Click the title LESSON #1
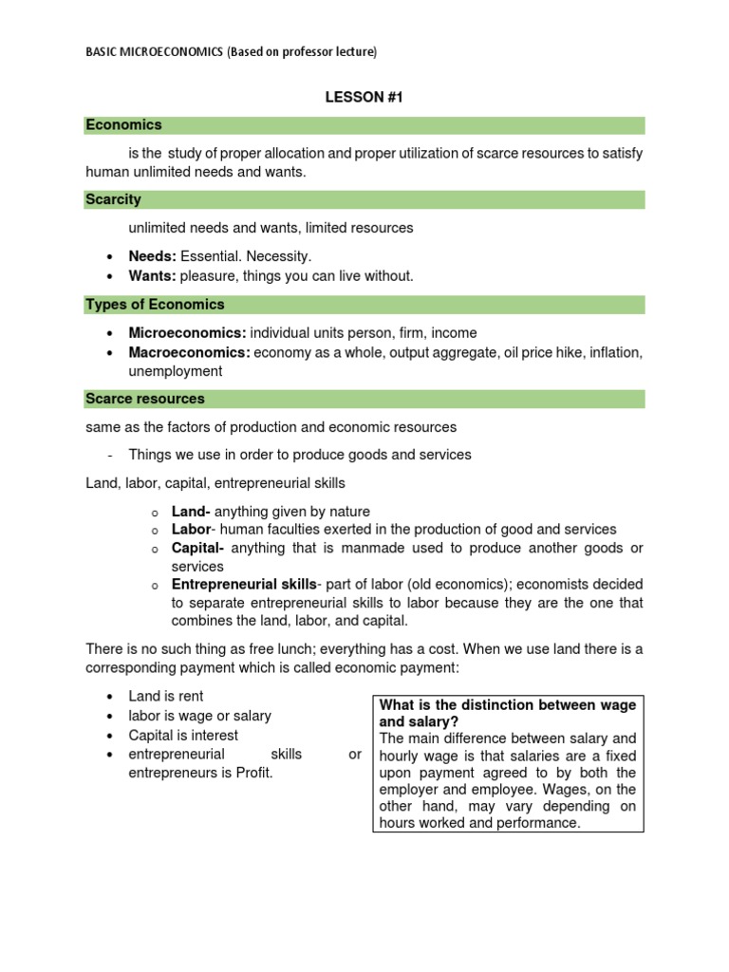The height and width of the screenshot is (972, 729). tap(364, 97)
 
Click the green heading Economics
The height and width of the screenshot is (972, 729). tap(123, 125)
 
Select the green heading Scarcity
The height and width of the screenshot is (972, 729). tap(113, 199)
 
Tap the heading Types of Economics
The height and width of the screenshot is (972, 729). tap(155, 305)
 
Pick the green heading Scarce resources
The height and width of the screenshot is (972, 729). tap(144, 399)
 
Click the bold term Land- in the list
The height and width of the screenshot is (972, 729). tap(191, 512)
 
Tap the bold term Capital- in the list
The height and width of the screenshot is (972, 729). tap(197, 549)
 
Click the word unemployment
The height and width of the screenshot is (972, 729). tap(176, 372)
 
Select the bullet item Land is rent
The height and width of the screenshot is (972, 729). tap(166, 697)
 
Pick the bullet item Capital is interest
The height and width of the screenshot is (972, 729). tap(183, 736)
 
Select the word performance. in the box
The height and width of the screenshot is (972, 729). tap(539, 824)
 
